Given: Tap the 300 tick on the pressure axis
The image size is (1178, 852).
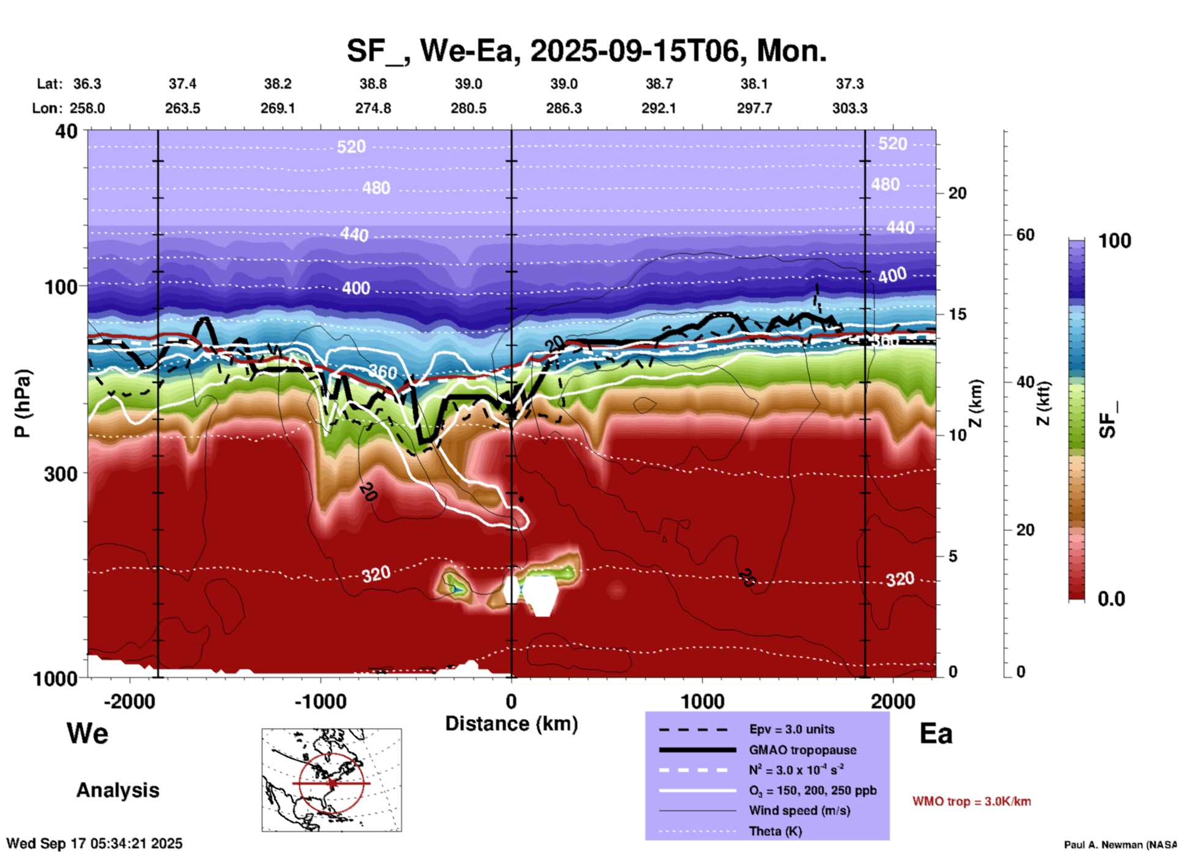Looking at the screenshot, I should tap(61, 474).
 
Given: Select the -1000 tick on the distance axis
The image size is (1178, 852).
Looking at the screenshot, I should tap(320, 702).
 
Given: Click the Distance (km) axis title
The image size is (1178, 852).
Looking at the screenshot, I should tap(511, 724).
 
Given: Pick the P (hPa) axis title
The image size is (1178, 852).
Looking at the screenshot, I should tap(23, 403).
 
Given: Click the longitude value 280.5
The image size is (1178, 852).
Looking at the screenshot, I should tap(469, 108).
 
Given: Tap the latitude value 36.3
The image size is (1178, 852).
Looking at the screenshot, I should tap(87, 84).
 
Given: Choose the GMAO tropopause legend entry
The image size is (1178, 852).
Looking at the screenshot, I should tap(802, 750).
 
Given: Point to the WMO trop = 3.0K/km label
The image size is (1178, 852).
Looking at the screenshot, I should tap(971, 801).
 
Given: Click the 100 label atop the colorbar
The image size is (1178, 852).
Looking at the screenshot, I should tap(1114, 241).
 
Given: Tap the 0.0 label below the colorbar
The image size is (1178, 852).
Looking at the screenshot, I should tap(1111, 599).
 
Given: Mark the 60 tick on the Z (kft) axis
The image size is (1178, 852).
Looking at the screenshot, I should tap(1025, 235).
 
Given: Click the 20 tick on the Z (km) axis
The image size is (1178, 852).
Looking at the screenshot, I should tap(957, 193).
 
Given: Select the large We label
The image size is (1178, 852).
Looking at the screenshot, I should tap(87, 733).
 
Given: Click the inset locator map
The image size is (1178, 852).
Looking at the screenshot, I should tap(332, 780).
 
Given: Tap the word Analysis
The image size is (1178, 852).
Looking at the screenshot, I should tap(117, 790).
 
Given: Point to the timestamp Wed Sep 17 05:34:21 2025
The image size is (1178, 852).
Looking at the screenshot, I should tap(94, 843).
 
